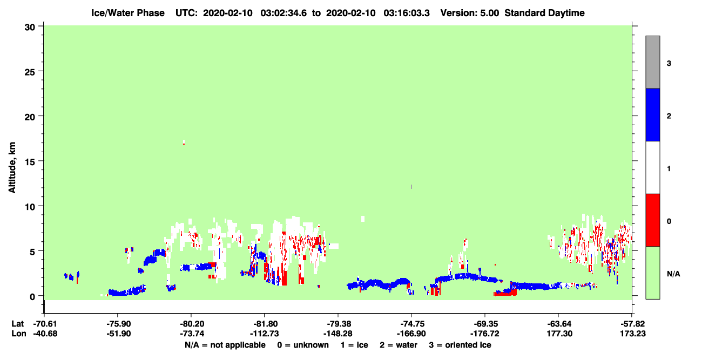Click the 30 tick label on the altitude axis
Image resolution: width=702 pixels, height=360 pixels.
pos(30,28)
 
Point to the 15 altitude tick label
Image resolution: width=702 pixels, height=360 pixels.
pos(30,161)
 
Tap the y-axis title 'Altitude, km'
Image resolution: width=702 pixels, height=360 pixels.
pos(12,167)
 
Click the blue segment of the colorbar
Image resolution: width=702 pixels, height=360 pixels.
pos(652,114)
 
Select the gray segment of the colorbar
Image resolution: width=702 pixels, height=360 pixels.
pos(652,62)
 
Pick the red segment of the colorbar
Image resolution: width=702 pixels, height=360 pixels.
pos(652,220)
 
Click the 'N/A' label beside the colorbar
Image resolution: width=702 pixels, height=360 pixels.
pos(673,274)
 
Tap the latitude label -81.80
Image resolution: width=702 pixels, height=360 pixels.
pos(264,324)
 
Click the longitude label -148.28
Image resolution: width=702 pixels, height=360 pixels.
pos(338,334)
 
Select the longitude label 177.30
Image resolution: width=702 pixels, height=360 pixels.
pos(559,334)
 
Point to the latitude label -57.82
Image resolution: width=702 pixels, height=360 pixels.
pos(632,324)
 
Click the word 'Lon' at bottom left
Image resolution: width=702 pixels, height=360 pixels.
pos(19,334)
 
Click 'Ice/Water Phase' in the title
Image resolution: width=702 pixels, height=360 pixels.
pos(128,13)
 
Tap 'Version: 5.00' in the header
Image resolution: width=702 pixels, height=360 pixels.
pos(469,13)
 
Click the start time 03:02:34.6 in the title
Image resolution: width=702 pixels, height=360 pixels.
pos(283,13)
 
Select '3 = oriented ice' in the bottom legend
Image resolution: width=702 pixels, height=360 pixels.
pos(460,345)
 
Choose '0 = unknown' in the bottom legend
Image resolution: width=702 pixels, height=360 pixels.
pos(303,345)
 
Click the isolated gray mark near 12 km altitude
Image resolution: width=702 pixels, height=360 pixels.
pos(411,187)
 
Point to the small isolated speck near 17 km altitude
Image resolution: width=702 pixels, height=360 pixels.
pos(184,142)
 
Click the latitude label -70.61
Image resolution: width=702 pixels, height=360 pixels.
pos(45,324)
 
